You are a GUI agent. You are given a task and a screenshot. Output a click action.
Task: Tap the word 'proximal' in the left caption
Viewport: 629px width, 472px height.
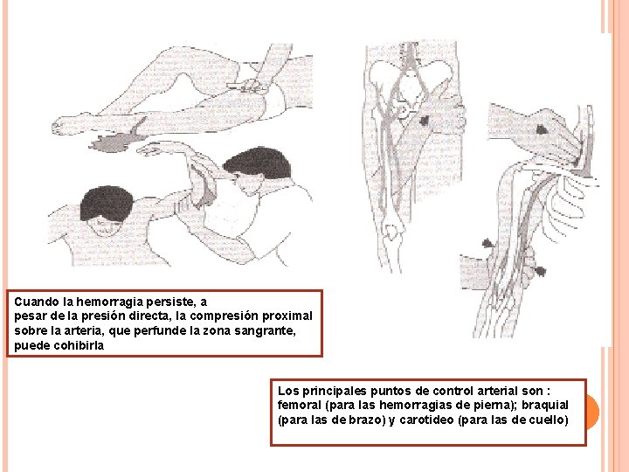tap(287, 316)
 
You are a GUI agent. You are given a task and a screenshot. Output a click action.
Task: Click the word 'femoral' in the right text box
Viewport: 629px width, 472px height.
tap(298, 406)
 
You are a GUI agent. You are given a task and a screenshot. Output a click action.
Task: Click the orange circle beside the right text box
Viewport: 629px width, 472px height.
tap(591, 410)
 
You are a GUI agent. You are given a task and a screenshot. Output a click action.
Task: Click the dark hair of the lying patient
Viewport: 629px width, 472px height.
tap(107, 206)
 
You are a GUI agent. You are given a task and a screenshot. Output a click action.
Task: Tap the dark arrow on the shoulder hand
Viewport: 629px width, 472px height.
tap(542, 128)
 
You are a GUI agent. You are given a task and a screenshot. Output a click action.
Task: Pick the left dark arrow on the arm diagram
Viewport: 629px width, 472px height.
tap(487, 241)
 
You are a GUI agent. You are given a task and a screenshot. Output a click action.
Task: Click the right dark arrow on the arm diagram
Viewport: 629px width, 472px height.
tap(538, 271)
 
